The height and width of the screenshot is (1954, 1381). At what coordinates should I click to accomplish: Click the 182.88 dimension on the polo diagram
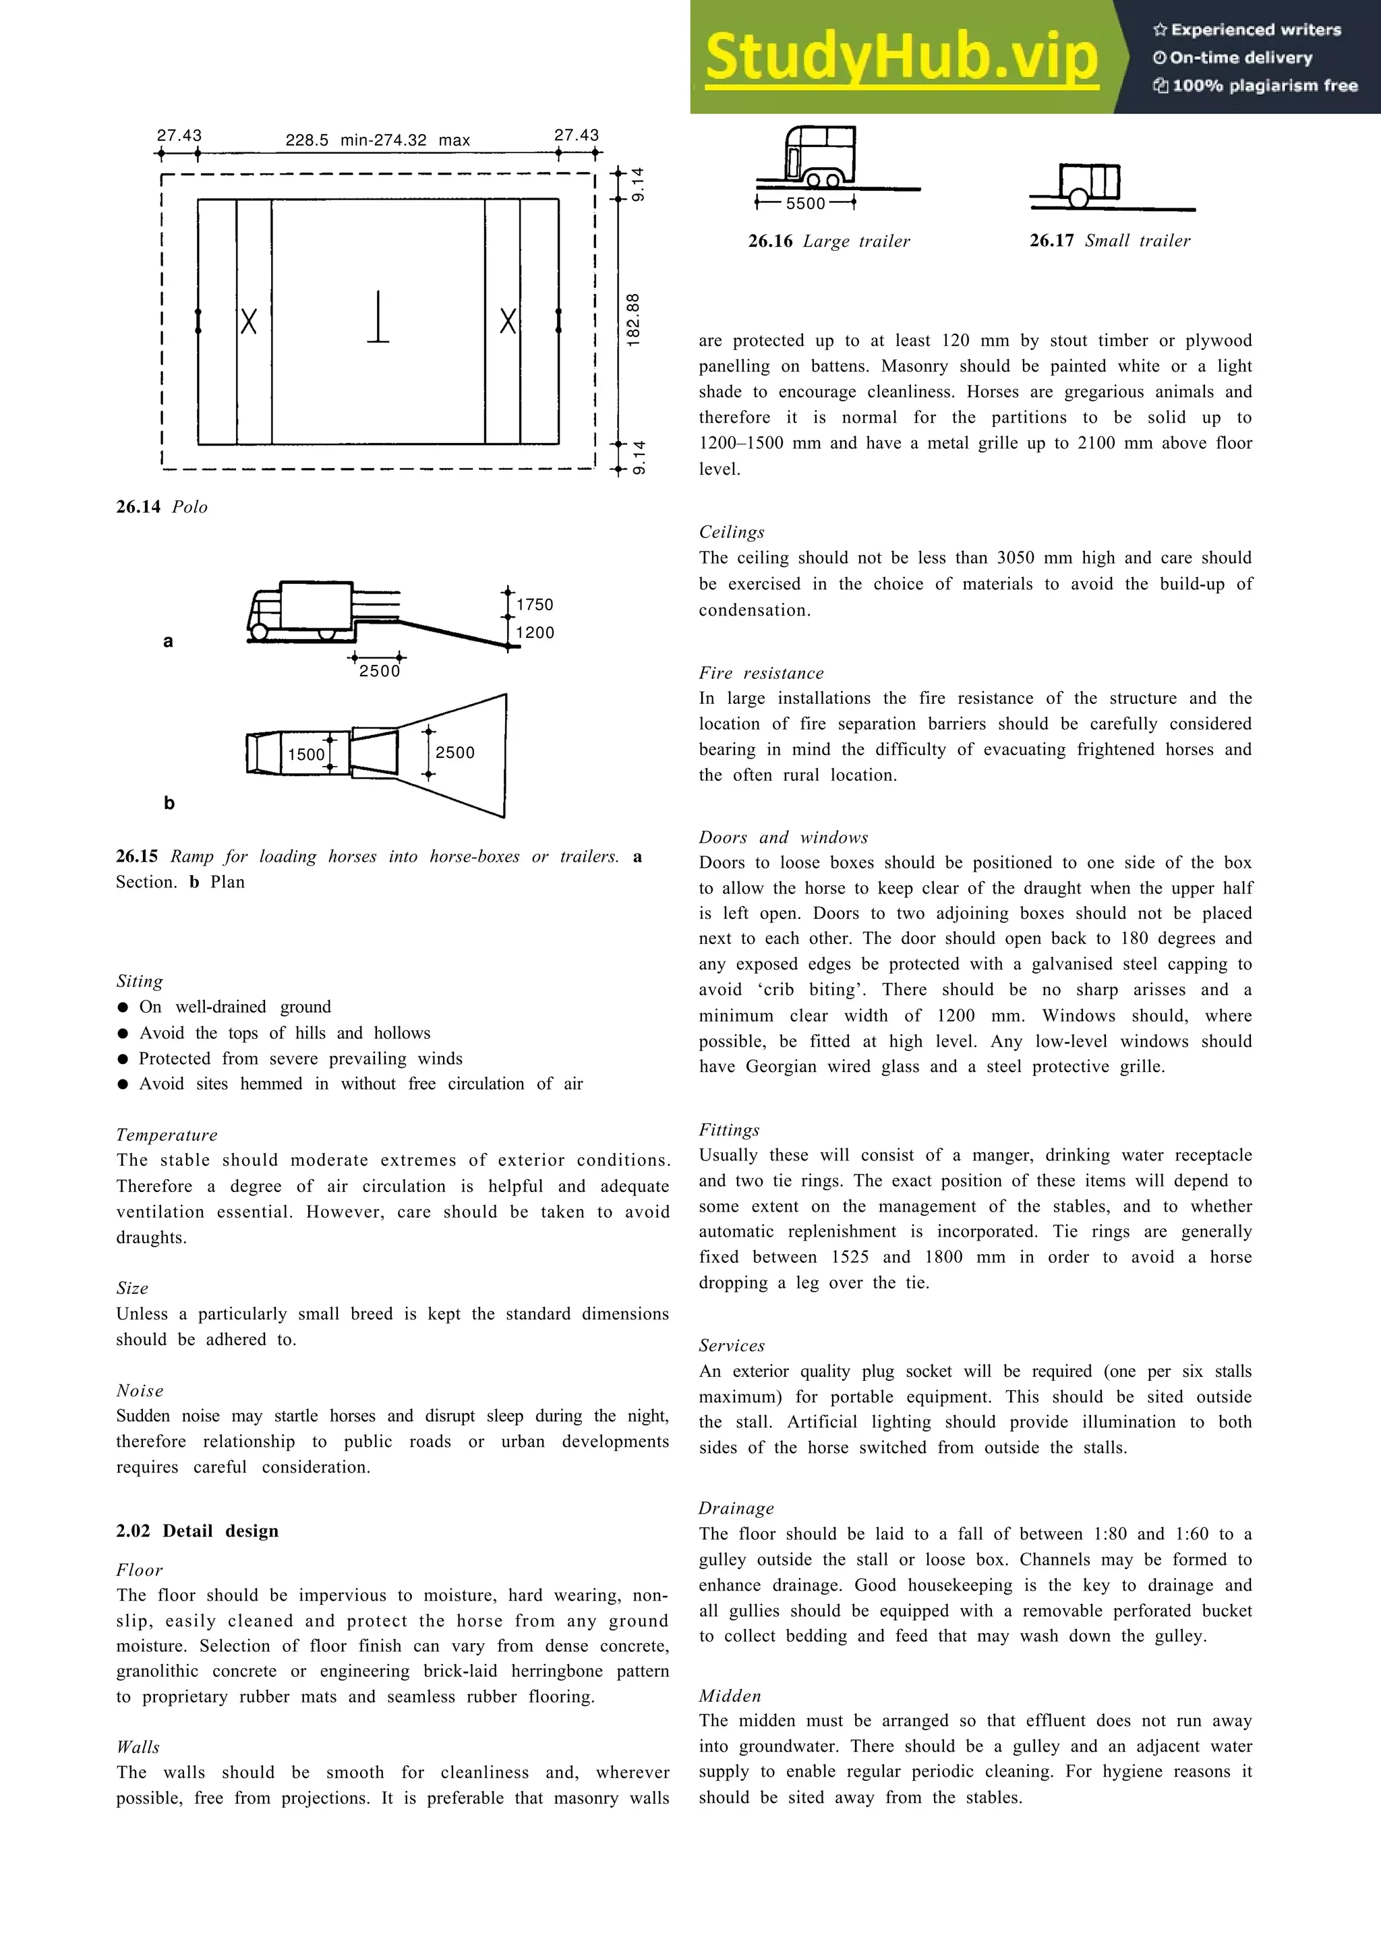(x=633, y=320)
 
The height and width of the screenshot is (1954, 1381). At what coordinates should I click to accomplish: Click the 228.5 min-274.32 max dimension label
(x=377, y=140)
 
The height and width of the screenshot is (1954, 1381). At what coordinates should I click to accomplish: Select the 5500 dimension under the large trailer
(x=805, y=204)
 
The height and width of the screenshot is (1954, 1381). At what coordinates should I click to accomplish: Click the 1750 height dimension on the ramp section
(x=534, y=604)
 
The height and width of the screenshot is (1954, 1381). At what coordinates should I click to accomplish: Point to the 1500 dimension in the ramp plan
(x=305, y=754)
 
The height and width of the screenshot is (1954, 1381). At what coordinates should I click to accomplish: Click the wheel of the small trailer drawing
(x=1078, y=199)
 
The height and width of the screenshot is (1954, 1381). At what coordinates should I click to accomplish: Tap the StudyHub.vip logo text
(x=901, y=57)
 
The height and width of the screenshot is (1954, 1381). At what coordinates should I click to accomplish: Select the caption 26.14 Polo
(x=162, y=507)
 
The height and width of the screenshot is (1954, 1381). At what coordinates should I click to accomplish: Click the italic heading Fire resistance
(x=761, y=673)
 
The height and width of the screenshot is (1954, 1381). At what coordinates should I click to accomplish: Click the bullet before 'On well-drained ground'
(x=123, y=1007)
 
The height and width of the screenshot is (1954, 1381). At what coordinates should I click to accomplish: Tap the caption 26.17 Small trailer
(x=1109, y=241)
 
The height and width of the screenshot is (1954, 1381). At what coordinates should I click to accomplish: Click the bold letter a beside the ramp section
(x=168, y=642)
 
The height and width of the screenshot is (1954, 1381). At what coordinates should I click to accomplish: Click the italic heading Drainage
(x=736, y=1509)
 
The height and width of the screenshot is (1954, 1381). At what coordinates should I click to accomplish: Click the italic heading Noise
(x=140, y=1390)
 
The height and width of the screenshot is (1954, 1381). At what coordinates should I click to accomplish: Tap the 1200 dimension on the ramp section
(x=534, y=632)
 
